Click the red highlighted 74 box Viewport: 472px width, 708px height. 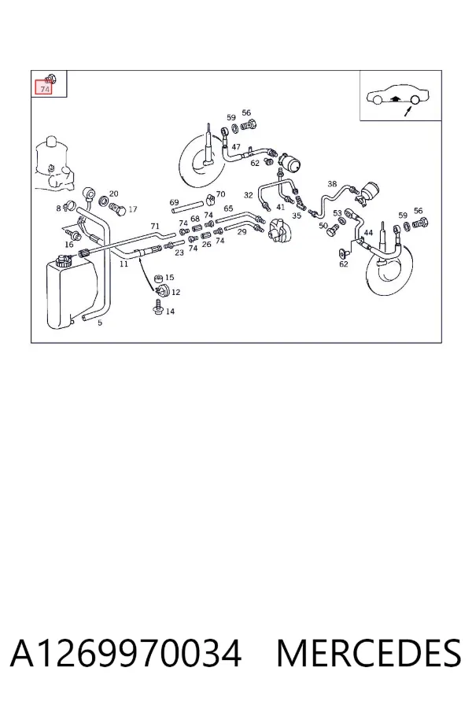point(44,87)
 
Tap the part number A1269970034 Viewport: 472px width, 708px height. point(126,654)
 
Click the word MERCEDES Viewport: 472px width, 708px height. point(369,654)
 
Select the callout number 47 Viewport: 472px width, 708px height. point(236,147)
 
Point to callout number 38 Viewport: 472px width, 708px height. point(332,184)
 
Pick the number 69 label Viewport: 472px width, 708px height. point(174,203)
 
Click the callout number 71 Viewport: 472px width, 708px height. point(155,227)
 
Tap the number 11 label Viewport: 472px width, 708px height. point(124,264)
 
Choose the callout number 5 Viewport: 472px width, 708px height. point(100,323)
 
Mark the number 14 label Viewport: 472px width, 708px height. point(170,311)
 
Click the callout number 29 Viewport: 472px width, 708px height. point(242,231)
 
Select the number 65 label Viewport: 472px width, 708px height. point(228,208)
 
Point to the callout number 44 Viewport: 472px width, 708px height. point(368,233)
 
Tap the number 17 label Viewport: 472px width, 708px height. point(132,209)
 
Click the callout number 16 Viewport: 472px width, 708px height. point(68,245)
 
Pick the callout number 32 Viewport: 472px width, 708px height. point(248,195)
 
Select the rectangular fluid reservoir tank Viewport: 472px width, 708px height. point(72,293)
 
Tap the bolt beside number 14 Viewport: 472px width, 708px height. point(157,307)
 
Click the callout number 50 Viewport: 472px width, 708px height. point(323,225)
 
